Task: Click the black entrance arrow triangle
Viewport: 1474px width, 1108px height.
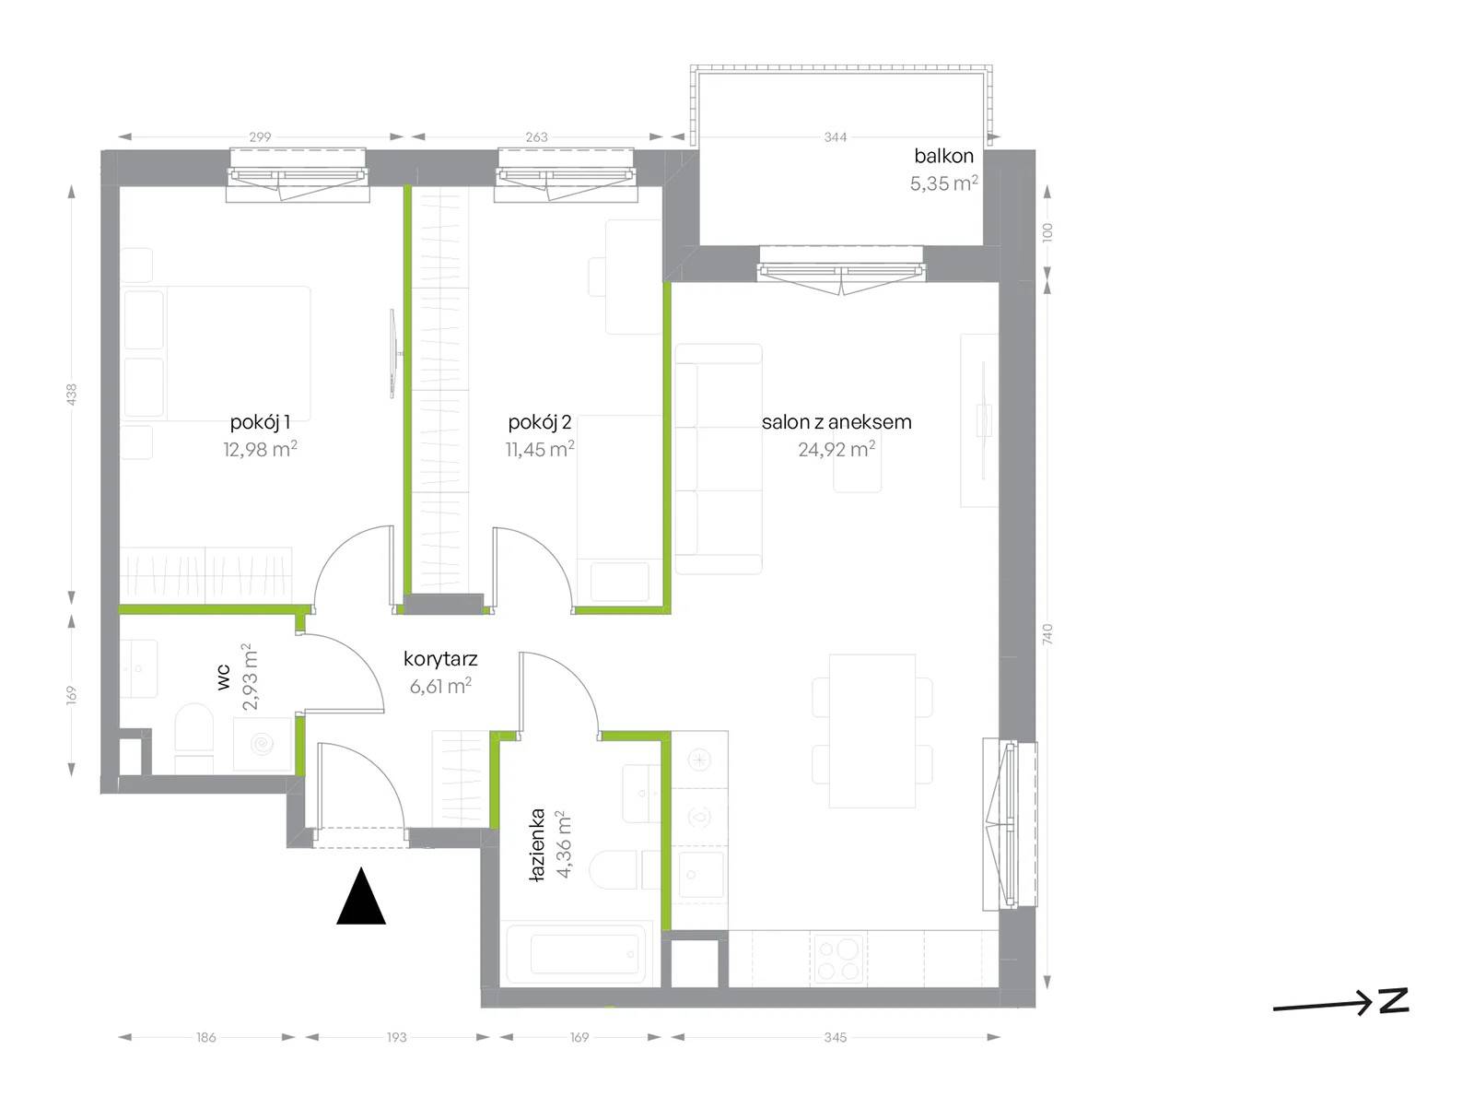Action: click(x=361, y=896)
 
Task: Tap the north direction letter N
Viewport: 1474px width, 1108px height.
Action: click(x=1394, y=1000)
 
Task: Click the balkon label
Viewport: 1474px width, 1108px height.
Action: click(x=943, y=156)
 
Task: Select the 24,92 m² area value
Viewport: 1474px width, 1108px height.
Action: click(x=836, y=448)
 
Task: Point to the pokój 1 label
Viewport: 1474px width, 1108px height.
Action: click(x=260, y=422)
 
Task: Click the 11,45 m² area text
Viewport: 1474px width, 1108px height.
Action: click(x=540, y=448)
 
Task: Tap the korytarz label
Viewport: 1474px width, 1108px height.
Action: click(x=440, y=659)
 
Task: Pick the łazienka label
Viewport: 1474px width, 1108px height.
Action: click(x=536, y=844)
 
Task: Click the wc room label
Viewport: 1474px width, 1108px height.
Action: click(x=224, y=678)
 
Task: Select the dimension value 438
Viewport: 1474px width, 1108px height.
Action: click(x=72, y=394)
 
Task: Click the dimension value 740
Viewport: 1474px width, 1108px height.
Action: click(x=1047, y=633)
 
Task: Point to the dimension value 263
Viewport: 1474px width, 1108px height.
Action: click(x=536, y=137)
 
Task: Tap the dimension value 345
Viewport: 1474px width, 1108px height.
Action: click(x=836, y=1037)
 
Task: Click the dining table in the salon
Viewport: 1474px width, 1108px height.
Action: click(x=872, y=731)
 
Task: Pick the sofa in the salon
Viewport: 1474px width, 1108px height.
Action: click(x=719, y=459)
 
